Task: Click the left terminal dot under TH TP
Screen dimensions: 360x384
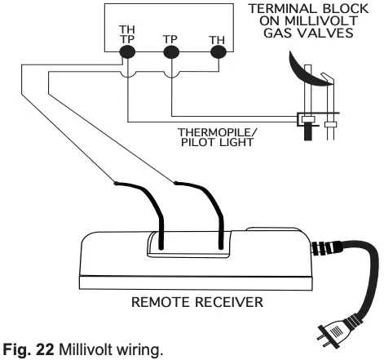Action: tap(127, 52)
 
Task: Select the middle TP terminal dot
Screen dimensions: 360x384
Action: tap(171, 52)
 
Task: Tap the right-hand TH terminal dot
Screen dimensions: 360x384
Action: tap(216, 52)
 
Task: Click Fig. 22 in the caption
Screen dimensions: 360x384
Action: tap(24, 350)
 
